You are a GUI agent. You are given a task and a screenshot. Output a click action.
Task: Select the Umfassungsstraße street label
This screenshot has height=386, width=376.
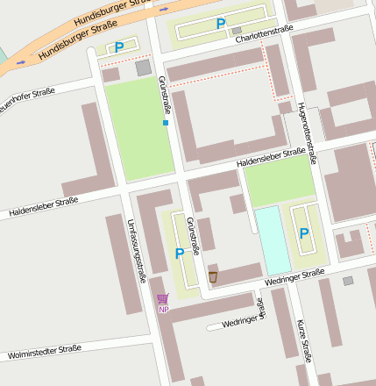[136, 251]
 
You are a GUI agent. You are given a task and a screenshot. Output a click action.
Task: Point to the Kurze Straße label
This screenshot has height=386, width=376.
[304, 340]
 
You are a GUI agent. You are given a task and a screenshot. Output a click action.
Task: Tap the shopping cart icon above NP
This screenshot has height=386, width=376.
[163, 298]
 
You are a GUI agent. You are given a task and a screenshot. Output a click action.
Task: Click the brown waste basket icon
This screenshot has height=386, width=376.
[213, 277]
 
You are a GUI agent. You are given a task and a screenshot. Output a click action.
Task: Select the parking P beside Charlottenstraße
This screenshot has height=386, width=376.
[220, 24]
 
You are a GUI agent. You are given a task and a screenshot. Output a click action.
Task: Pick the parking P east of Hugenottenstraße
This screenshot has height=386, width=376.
[303, 233]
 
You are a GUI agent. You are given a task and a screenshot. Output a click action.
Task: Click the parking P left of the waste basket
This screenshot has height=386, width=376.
[180, 254]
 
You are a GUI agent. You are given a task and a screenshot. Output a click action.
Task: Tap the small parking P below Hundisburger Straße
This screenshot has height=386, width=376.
[119, 47]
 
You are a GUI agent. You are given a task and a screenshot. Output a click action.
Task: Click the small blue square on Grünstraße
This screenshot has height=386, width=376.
[165, 124]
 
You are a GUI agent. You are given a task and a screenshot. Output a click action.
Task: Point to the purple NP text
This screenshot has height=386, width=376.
[163, 310]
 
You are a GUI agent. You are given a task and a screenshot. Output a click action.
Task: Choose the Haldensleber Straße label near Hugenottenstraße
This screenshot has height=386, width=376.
[271, 159]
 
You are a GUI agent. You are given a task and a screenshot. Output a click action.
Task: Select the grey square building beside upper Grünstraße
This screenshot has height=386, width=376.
[143, 68]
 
